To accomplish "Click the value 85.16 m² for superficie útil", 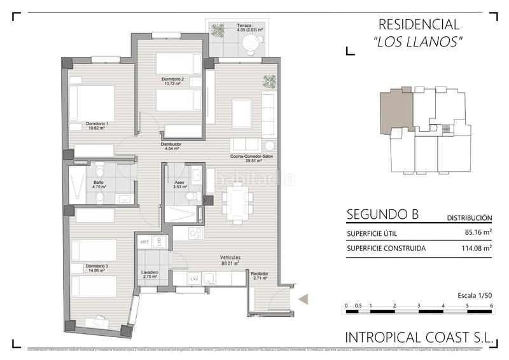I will pos(478,233).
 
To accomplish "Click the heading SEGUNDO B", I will pos(382,214).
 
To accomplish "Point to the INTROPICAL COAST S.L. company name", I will pos(419,338).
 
